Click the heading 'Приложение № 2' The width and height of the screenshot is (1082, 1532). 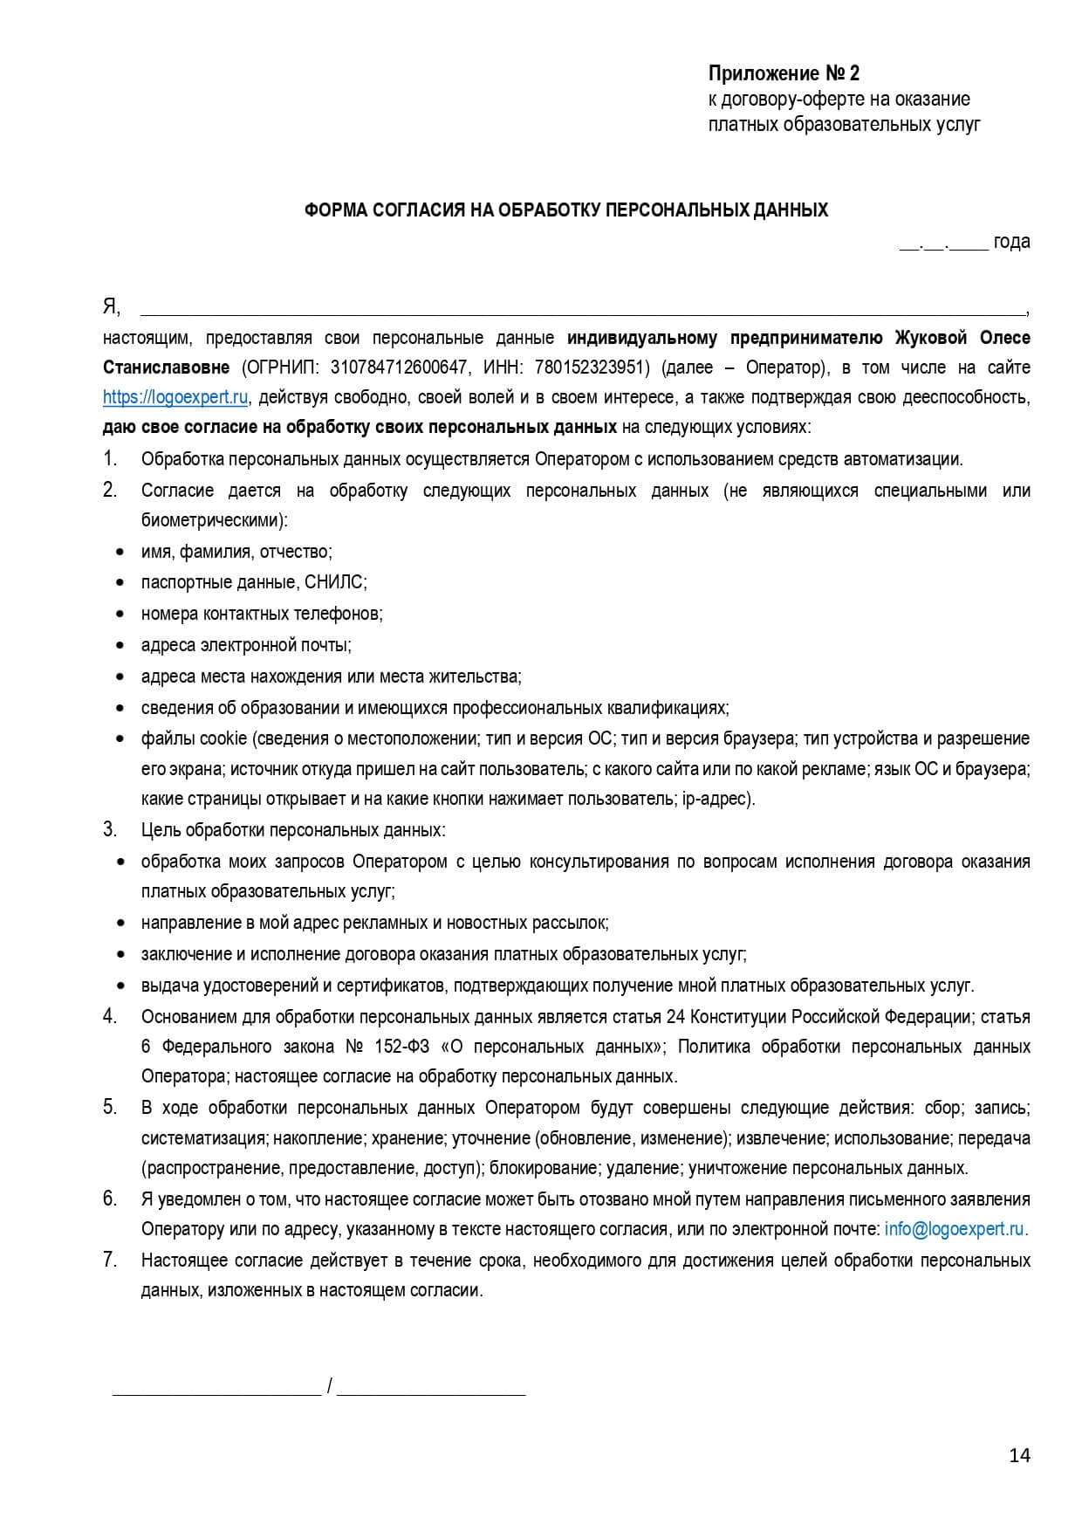point(783,73)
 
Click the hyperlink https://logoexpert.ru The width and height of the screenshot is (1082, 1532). point(175,397)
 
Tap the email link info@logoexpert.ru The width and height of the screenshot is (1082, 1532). point(954,1229)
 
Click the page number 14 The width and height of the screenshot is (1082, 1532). point(1019,1455)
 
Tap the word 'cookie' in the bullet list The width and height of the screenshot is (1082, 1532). point(223,739)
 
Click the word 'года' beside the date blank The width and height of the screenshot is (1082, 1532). point(1011,241)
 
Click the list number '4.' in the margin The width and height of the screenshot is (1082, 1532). point(110,1016)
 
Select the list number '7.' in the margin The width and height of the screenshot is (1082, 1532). point(110,1260)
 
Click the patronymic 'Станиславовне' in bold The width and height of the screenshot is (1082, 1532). point(166,368)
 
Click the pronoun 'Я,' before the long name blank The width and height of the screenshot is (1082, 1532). point(112,306)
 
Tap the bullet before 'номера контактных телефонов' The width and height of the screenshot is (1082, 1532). point(120,615)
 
